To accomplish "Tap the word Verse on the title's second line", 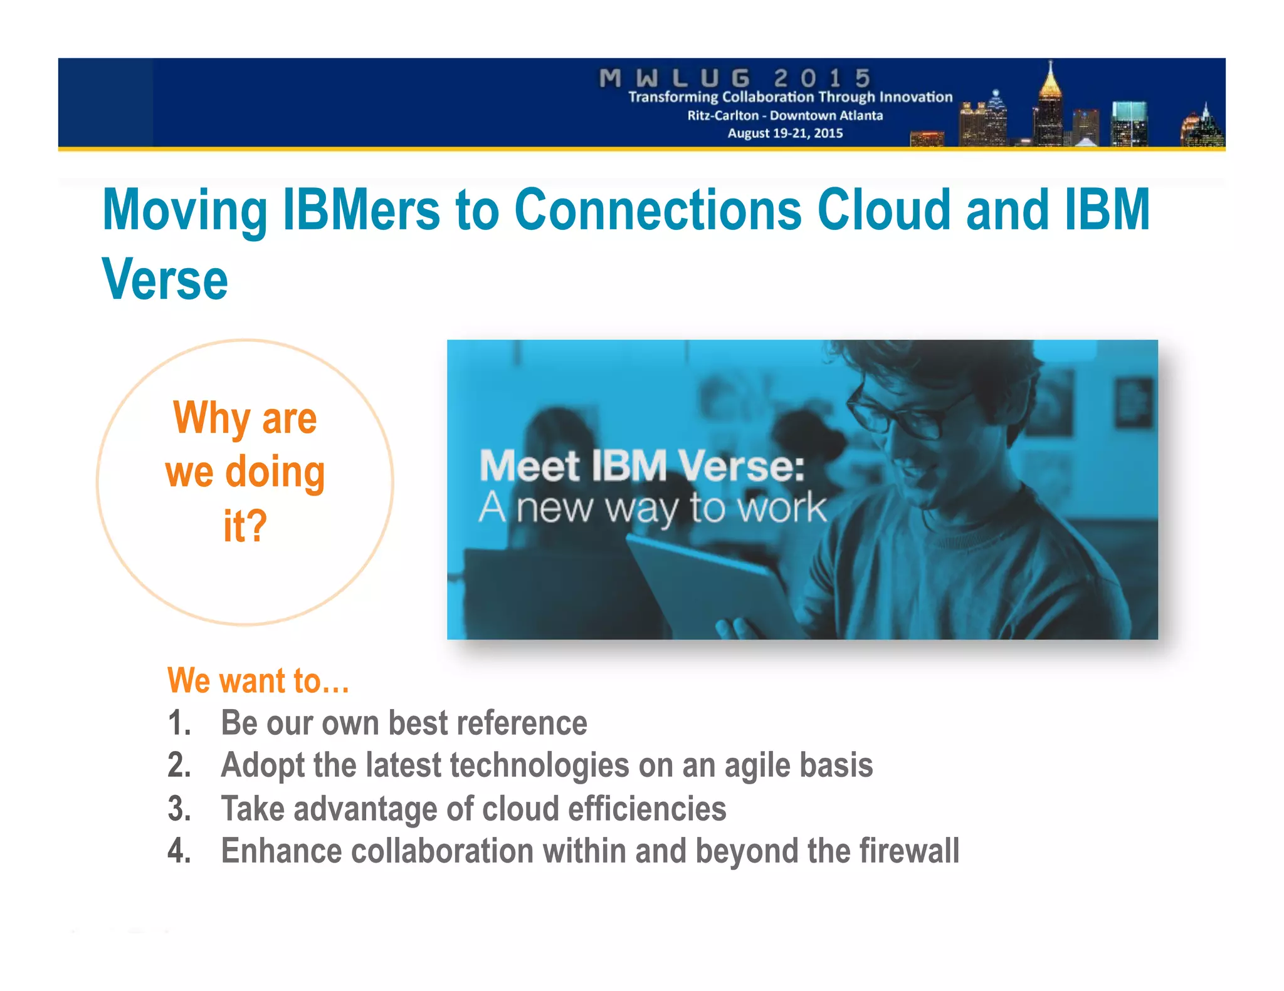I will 165,279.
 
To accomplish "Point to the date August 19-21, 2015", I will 785,133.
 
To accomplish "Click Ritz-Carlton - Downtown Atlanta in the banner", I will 785,115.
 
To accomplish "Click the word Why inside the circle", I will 212,418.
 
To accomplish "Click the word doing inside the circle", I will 275,472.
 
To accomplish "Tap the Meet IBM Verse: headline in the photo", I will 641,467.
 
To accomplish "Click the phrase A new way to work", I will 652,507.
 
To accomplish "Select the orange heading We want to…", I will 258,680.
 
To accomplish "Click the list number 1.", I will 179,723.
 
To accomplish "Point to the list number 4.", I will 179,851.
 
